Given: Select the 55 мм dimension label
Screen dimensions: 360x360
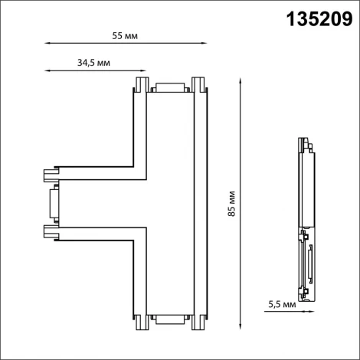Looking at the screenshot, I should click(125, 36).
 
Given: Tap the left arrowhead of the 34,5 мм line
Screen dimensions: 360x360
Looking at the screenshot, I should click(47, 71).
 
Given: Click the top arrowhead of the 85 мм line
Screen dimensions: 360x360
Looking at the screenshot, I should click(241, 78).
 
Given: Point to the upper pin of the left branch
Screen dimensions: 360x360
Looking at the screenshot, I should click(51, 172).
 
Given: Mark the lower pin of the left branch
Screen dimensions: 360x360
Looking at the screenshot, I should click(51, 231).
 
